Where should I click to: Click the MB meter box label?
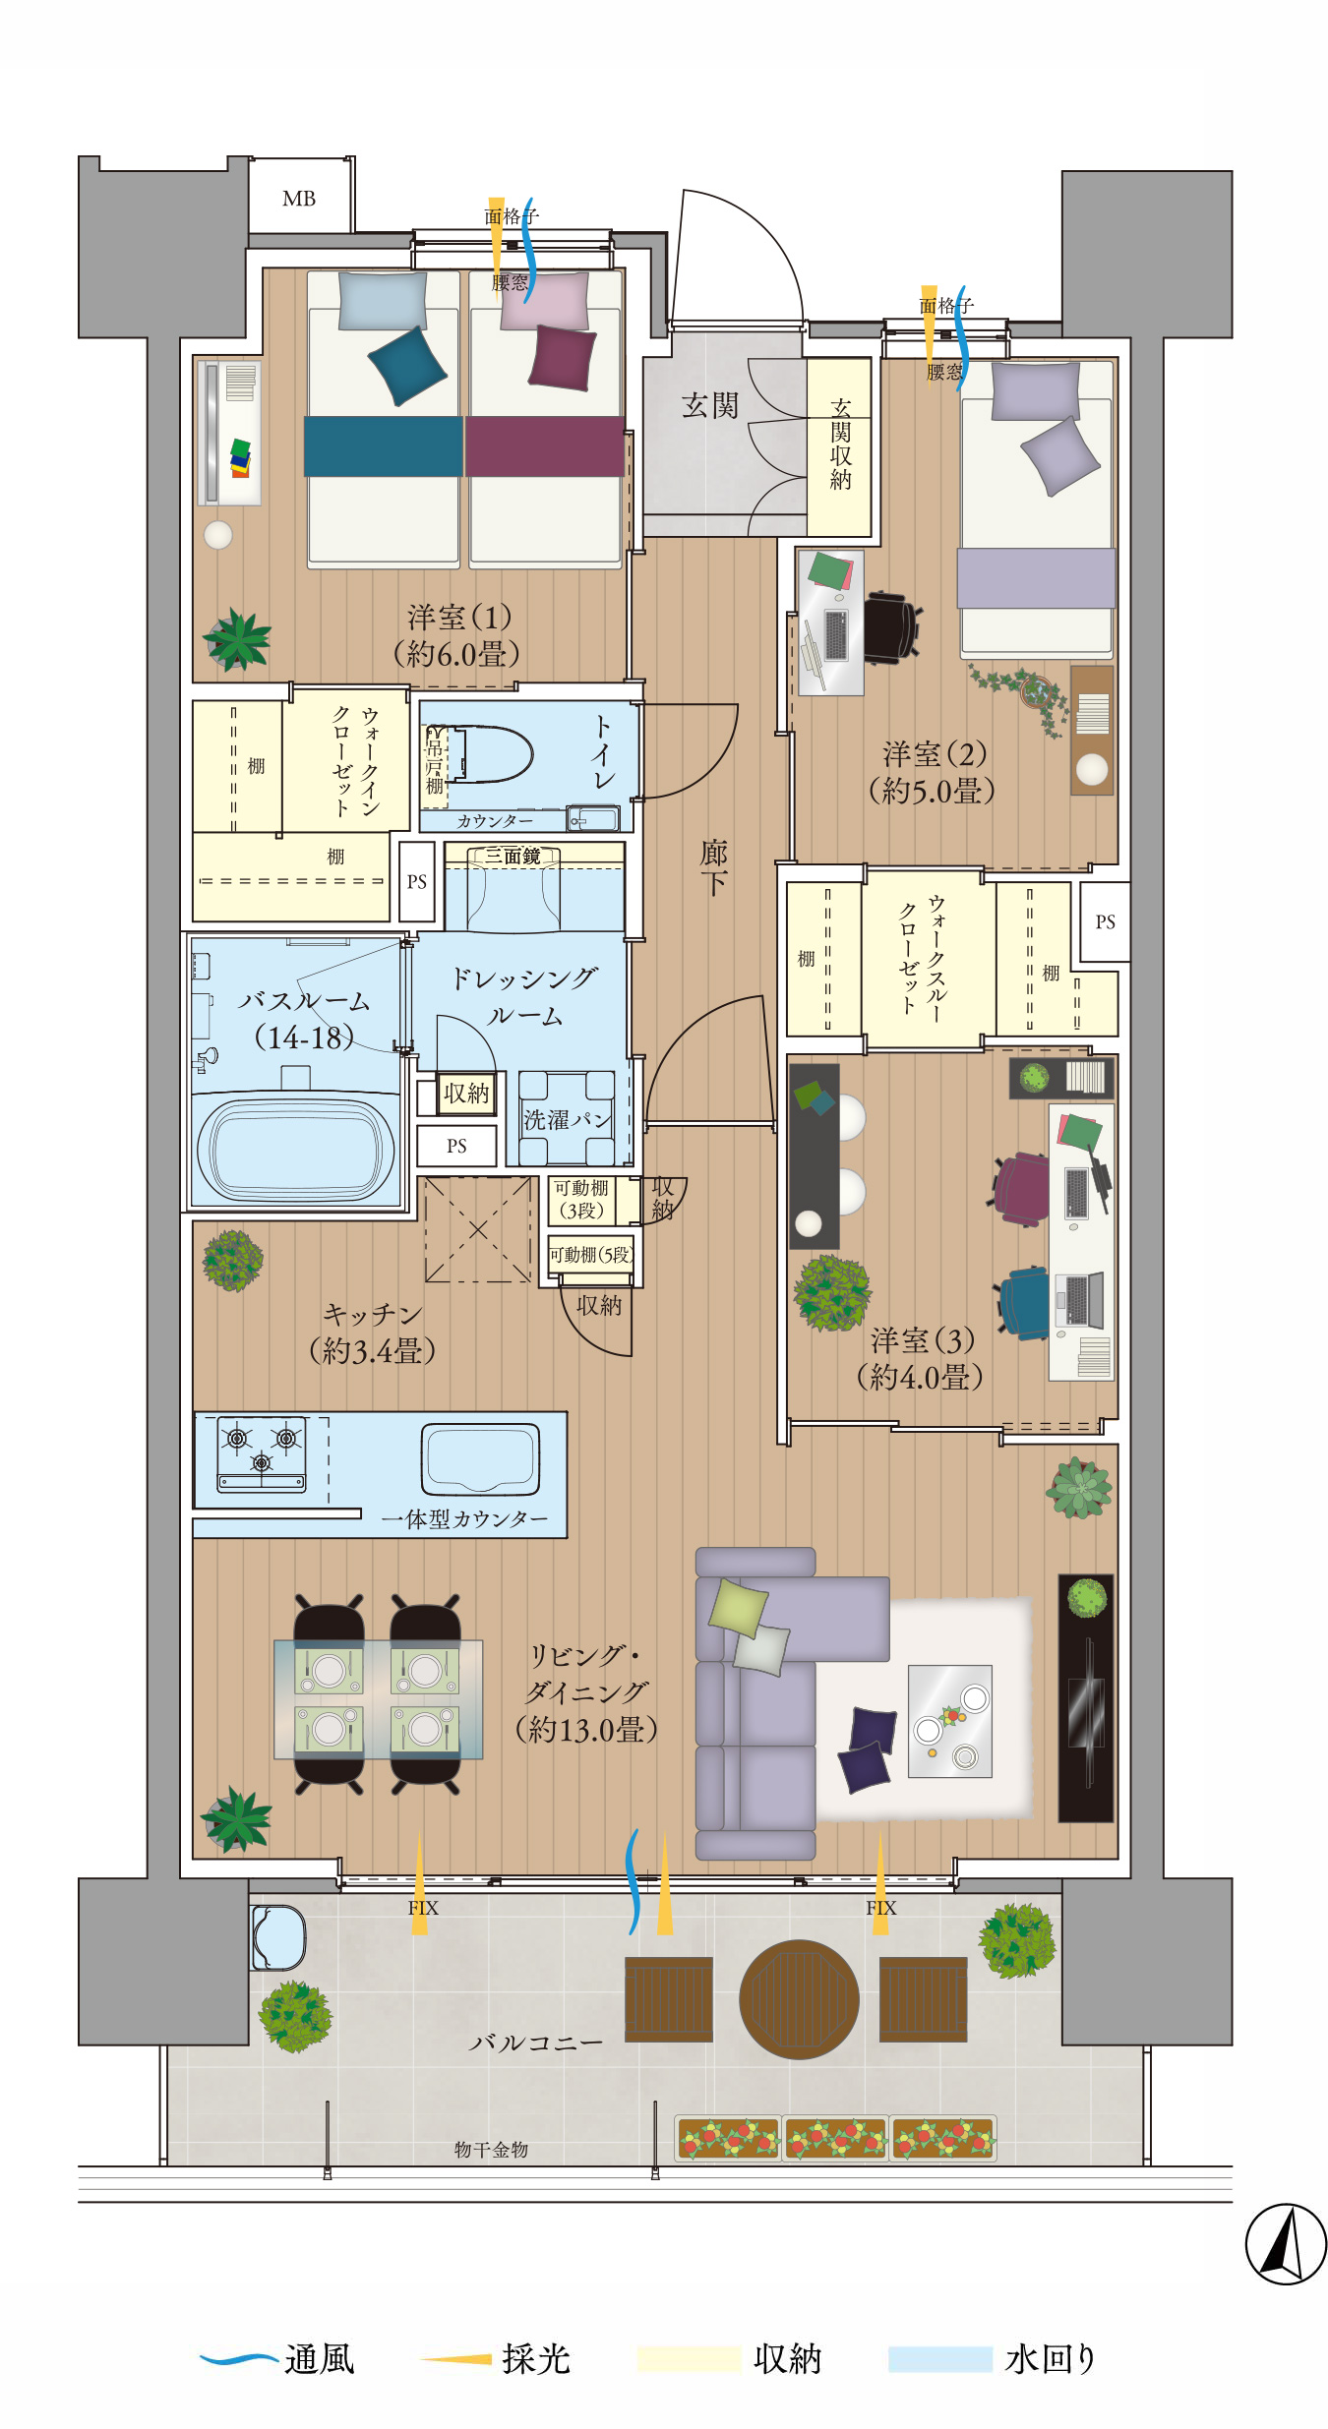click(x=299, y=199)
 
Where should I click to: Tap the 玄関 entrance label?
click(x=709, y=405)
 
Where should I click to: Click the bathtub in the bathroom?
click(x=295, y=1150)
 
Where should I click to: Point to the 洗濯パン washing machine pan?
click(x=567, y=1118)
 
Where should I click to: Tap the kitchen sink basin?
click(x=481, y=1458)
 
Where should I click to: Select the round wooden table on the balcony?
click(x=799, y=1999)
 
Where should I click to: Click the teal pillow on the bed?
click(x=407, y=366)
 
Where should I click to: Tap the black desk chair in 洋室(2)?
click(x=891, y=625)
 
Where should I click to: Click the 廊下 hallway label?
click(x=713, y=866)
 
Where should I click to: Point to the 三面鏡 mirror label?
click(x=513, y=856)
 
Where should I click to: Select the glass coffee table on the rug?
click(x=949, y=1721)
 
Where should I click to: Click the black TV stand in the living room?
click(x=1086, y=1698)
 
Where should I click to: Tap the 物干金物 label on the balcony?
click(x=491, y=2150)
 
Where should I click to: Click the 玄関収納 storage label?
click(x=840, y=444)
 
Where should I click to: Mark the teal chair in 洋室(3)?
click(x=1024, y=1303)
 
